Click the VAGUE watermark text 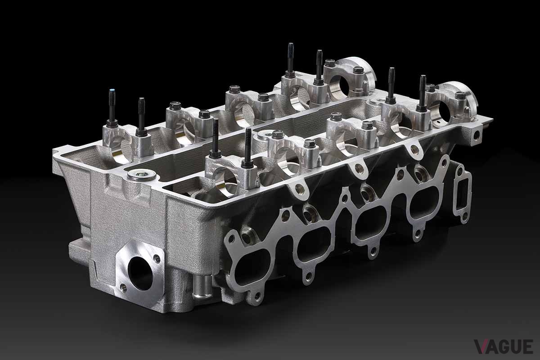[504, 346]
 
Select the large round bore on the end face [140, 273]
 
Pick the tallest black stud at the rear [291, 60]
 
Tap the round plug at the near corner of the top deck [141, 174]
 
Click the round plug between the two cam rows [265, 135]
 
